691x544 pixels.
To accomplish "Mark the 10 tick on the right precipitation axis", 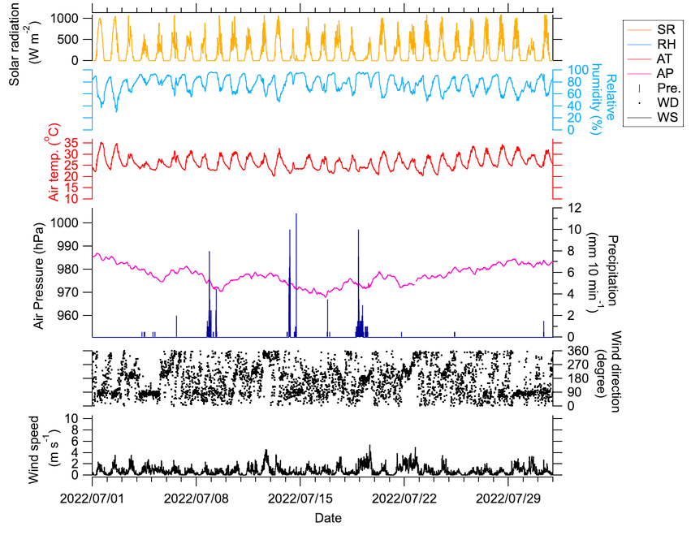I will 576,229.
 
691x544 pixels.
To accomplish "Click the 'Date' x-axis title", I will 328,517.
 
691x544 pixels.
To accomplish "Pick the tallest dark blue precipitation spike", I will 296,216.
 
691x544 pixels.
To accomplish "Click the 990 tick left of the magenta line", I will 67,246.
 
